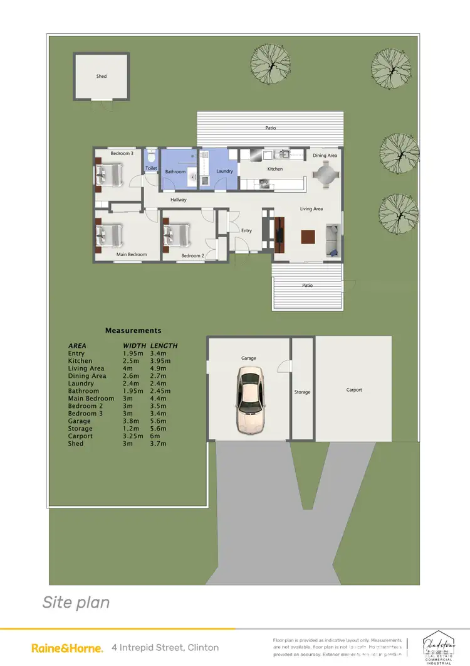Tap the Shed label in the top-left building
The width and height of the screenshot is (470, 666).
pyautogui.click(x=102, y=77)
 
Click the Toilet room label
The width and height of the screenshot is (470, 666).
pyautogui.click(x=151, y=169)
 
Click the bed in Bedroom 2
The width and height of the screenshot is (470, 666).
pyautogui.click(x=176, y=236)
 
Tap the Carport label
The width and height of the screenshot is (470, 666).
pyautogui.click(x=354, y=390)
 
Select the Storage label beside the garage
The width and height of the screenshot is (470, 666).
pyautogui.click(x=302, y=392)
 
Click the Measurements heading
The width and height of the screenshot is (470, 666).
pyautogui.click(x=133, y=331)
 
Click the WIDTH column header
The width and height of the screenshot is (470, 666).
pyautogui.click(x=135, y=346)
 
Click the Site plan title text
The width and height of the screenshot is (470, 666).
pyautogui.click(x=76, y=603)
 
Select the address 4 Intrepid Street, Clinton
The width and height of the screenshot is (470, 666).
pyautogui.click(x=165, y=647)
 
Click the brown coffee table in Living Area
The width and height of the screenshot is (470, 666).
pyautogui.click(x=308, y=237)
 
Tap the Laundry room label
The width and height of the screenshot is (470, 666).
pyautogui.click(x=224, y=171)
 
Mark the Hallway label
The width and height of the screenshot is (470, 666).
pyautogui.click(x=179, y=200)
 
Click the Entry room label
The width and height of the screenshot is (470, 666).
pyautogui.click(x=246, y=231)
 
